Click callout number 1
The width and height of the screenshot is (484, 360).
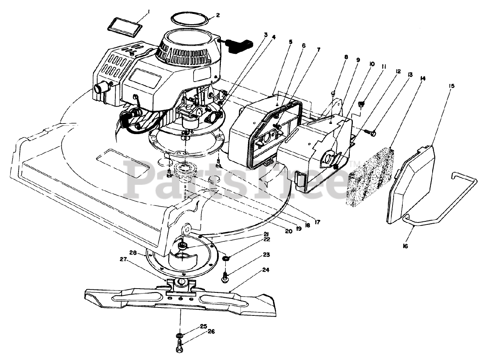click(x=149, y=12)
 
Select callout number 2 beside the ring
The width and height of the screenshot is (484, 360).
click(x=218, y=15)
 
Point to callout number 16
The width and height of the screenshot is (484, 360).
click(x=405, y=246)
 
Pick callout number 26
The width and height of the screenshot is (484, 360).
click(x=211, y=332)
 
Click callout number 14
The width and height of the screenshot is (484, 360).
click(x=423, y=78)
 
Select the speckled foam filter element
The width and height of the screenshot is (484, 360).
click(x=370, y=176)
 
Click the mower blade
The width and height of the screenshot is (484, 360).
click(x=181, y=298)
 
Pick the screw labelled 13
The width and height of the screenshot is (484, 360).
click(x=370, y=132)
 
